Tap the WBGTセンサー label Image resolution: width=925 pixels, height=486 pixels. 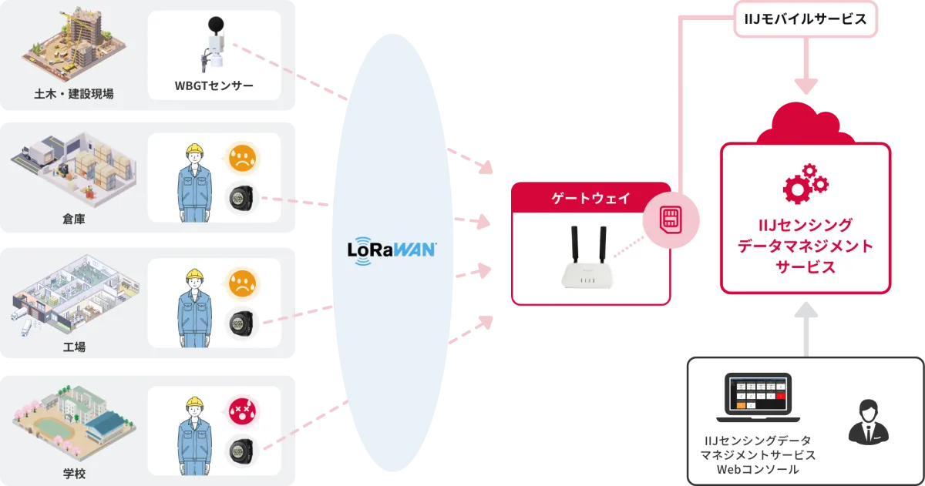(x=214, y=85)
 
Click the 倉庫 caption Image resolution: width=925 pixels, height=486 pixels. (x=74, y=220)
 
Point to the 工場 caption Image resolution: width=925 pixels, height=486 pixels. (x=74, y=347)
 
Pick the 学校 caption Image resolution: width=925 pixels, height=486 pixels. (x=74, y=472)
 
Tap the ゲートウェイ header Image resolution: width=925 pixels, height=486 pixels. (x=591, y=198)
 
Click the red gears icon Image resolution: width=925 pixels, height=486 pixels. (x=806, y=183)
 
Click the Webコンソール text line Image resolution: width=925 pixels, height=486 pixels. (x=758, y=469)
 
